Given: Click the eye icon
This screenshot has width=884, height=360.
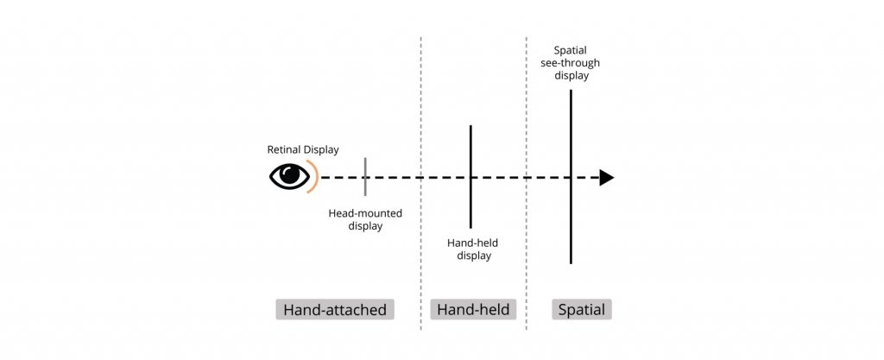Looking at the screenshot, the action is pos(289,176).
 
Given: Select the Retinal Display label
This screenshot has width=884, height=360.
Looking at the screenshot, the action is pos(303,150).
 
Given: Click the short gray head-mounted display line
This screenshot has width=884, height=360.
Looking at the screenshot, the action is pos(365,177).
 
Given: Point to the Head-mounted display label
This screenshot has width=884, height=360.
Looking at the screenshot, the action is pos(365,220).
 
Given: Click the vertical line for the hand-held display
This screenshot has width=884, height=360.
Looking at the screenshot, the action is pos(470,177).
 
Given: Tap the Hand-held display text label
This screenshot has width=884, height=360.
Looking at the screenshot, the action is pos(473,249).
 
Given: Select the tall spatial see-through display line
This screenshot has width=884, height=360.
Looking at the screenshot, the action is pos(571,176).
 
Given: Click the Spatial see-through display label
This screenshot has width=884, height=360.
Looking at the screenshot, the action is pos(570,63).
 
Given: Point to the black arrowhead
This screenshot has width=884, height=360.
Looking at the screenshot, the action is pos(606,178).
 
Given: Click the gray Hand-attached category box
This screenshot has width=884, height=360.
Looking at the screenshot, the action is pos(335,310).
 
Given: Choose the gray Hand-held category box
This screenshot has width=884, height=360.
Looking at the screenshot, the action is pos(473,310).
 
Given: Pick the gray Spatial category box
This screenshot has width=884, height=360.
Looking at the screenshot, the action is pos(582,310).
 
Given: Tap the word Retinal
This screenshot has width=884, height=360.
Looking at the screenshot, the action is pos(283,150).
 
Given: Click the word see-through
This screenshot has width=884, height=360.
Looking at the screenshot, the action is pos(570,63).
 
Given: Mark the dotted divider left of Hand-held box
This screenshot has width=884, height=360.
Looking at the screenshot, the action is pos(420,183).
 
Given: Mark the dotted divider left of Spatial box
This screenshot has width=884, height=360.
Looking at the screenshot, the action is pos(526,183).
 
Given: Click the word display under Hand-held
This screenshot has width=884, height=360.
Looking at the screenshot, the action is pos(474,256).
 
